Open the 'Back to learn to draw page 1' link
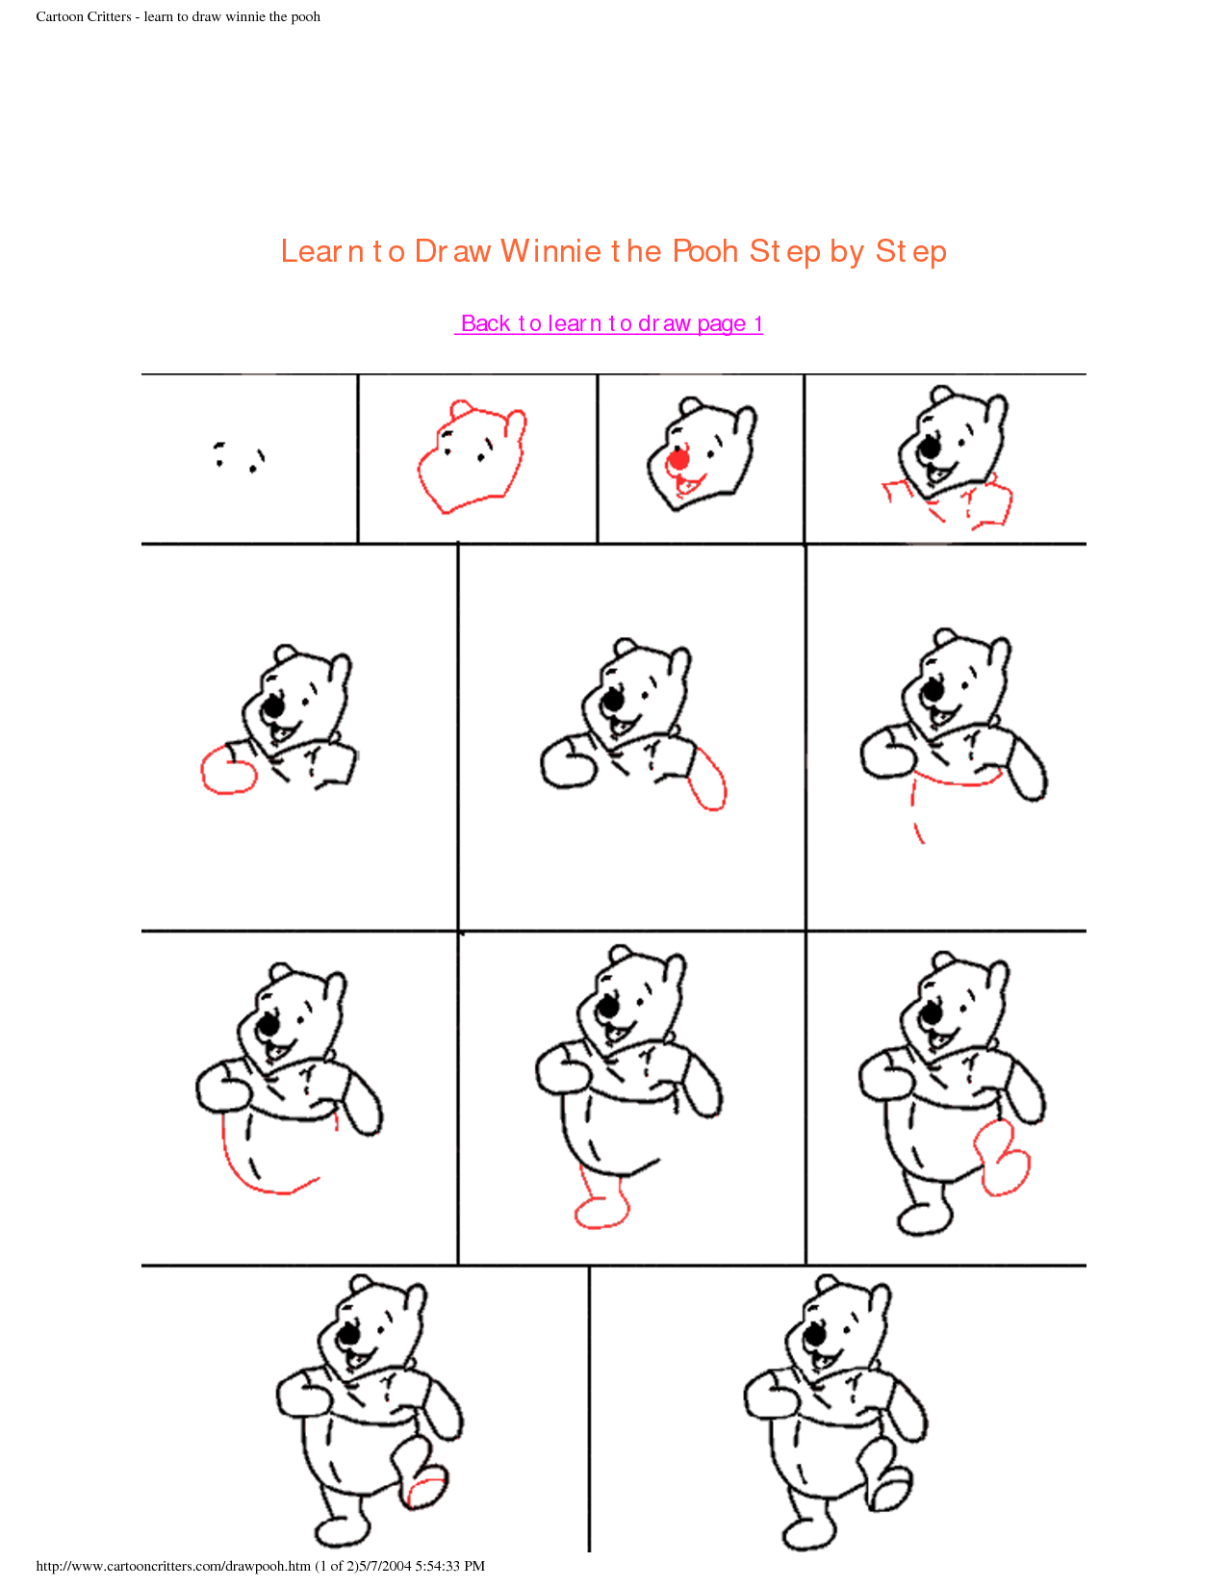(x=609, y=323)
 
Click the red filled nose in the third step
(x=678, y=460)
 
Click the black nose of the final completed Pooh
(x=814, y=1336)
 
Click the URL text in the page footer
(x=173, y=1566)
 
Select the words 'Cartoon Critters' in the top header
(x=84, y=16)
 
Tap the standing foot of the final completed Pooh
(x=808, y=1534)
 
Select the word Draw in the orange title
(x=452, y=251)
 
